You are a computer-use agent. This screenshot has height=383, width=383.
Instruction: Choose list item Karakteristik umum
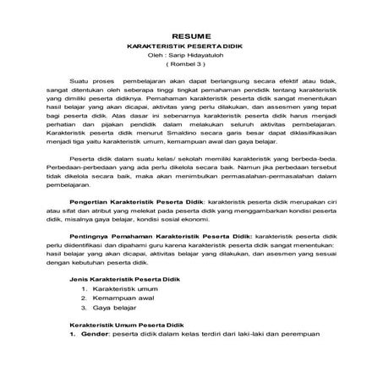pyautogui.click(x=123, y=289)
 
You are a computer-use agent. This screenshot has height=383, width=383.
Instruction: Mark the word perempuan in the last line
pyautogui.click(x=293, y=335)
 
